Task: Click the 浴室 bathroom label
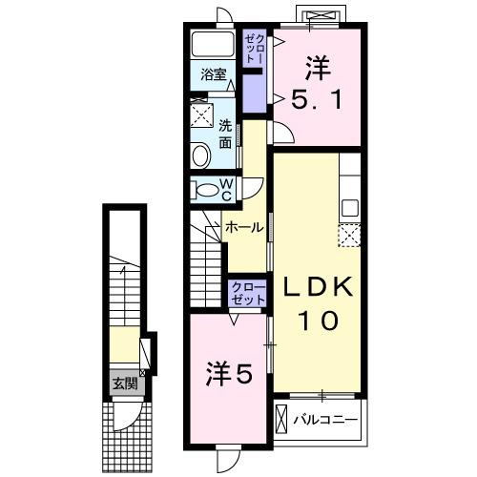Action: [213, 73]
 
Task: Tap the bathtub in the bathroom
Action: [213, 44]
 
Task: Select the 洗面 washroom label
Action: [226, 134]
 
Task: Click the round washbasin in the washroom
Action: [201, 156]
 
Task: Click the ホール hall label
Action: [244, 228]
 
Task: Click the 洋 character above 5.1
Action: [318, 67]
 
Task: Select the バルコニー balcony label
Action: [325, 419]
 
